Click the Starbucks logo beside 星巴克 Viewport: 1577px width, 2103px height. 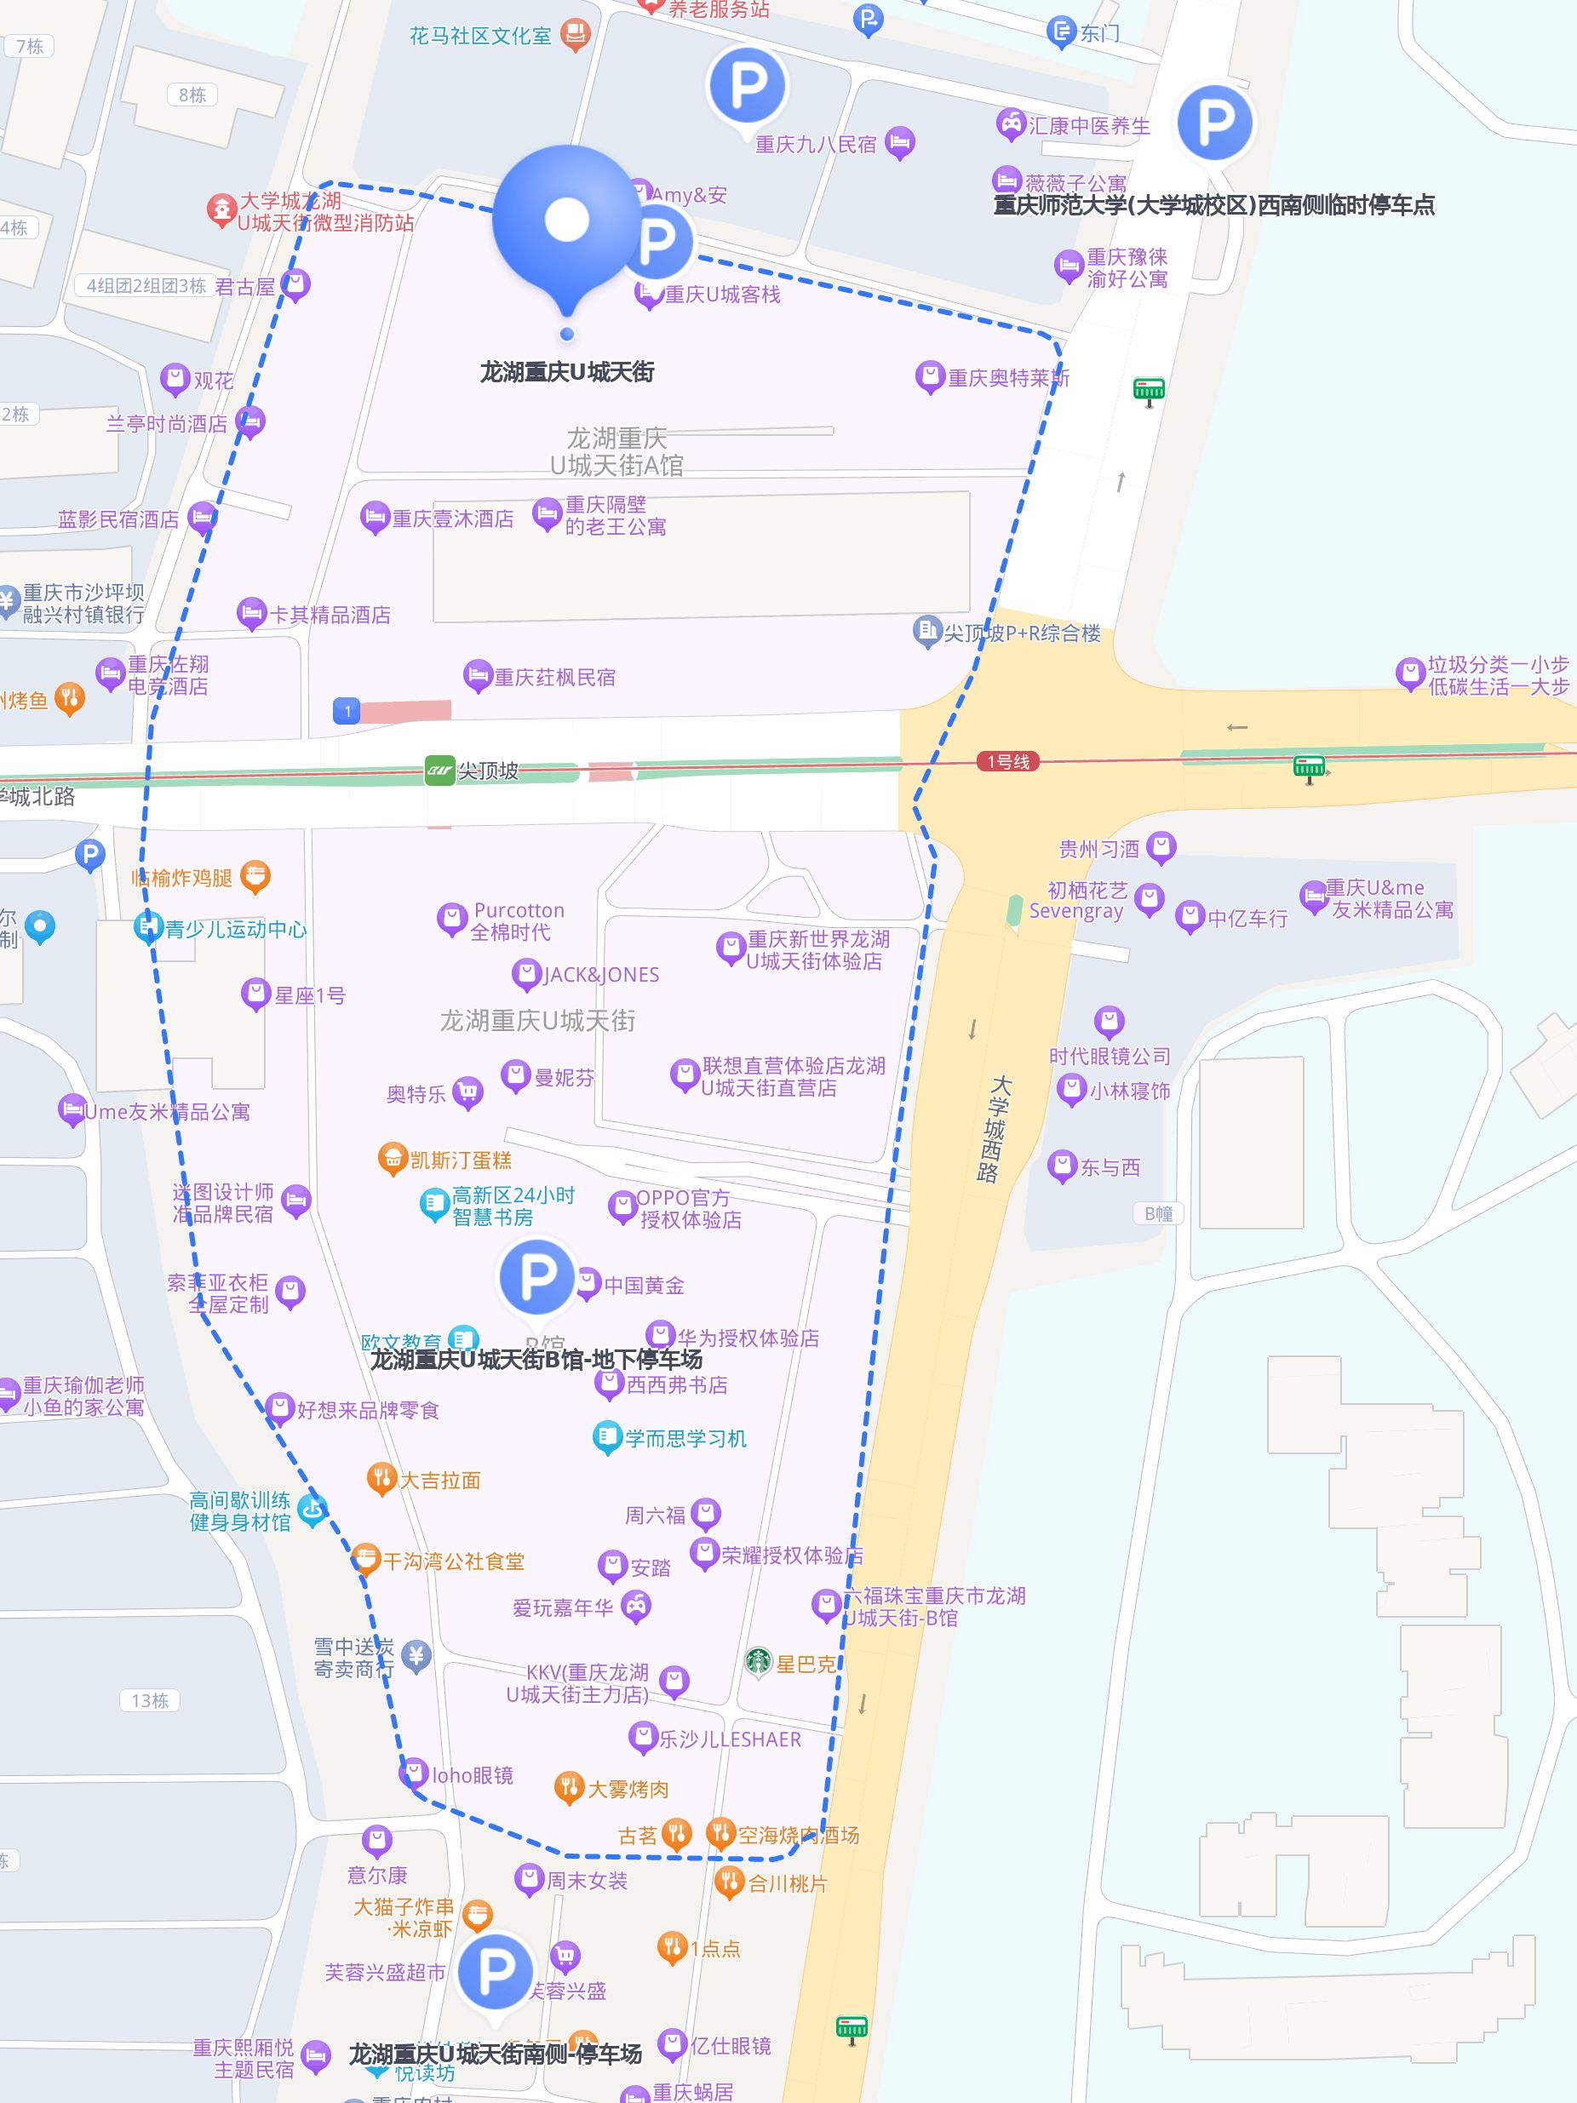click(758, 1661)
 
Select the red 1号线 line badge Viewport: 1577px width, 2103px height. click(1007, 761)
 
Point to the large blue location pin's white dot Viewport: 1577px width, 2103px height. click(566, 220)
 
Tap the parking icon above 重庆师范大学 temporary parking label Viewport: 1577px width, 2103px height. click(1214, 123)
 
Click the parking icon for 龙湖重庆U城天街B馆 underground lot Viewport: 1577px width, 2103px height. click(536, 1276)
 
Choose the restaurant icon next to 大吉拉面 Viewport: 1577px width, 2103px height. click(381, 1477)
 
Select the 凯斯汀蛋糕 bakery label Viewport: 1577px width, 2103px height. click(460, 1160)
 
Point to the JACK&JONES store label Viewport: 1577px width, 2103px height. click(601, 975)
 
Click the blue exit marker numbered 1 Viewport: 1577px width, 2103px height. click(347, 710)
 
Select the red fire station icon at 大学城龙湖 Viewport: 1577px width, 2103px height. click(221, 210)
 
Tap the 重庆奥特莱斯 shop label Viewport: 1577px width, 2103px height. click(1007, 378)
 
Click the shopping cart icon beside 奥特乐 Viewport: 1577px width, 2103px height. click(466, 1093)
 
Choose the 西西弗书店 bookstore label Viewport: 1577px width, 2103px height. click(677, 1385)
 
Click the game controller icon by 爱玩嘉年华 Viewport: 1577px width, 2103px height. click(636, 1607)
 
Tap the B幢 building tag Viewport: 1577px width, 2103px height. click(1158, 1214)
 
